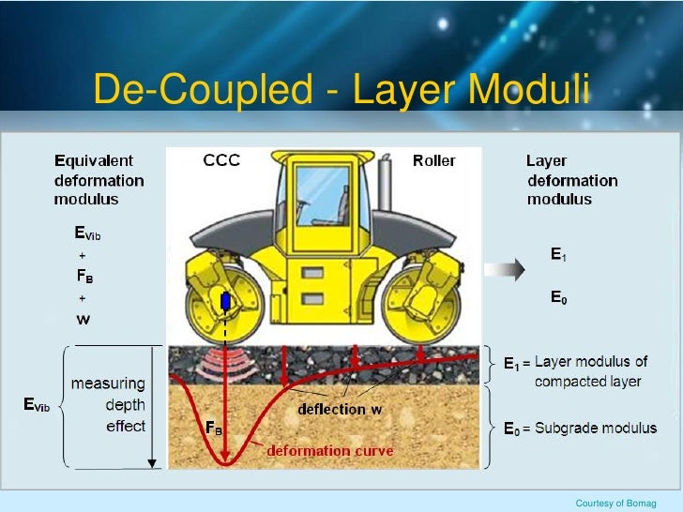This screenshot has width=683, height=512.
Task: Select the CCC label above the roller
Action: (x=221, y=160)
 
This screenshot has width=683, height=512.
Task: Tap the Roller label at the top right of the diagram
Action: (x=434, y=160)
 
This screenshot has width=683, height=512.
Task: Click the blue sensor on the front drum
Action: (x=225, y=303)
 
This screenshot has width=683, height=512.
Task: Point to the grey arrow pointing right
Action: (x=509, y=270)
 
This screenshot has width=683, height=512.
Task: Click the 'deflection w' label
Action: (x=341, y=409)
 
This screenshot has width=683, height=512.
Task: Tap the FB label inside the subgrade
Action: (x=214, y=428)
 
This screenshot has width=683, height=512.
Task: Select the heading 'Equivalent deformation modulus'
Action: (x=99, y=180)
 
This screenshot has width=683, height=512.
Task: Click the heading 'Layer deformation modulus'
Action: (x=571, y=180)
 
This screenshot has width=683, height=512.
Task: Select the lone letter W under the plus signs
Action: (x=83, y=319)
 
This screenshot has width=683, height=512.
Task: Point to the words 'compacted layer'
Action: (x=587, y=382)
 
